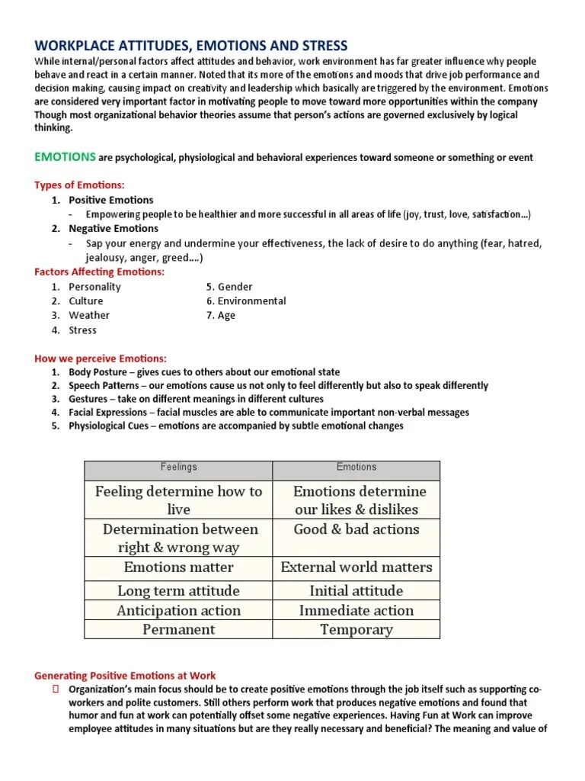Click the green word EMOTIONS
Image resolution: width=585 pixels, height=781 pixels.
pyautogui.click(x=65, y=157)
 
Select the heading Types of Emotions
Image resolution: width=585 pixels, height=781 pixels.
pyautogui.click(x=79, y=185)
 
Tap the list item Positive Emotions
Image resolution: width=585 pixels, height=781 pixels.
pyautogui.click(x=110, y=200)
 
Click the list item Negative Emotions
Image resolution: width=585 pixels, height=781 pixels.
pyautogui.click(x=113, y=228)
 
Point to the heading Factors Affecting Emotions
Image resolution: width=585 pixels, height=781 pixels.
pyautogui.click(x=99, y=272)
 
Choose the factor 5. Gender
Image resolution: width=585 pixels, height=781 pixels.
pyautogui.click(x=229, y=287)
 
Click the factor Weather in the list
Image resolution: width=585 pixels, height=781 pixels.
pyautogui.click(x=89, y=315)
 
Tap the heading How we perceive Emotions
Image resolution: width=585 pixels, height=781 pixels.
pyautogui.click(x=101, y=358)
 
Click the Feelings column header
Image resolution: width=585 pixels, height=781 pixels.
pyautogui.click(x=178, y=467)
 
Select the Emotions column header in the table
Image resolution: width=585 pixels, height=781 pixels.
pyautogui.click(x=356, y=467)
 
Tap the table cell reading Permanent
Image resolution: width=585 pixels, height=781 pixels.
pyautogui.click(x=178, y=629)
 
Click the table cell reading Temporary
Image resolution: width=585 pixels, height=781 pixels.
pyautogui.click(x=356, y=629)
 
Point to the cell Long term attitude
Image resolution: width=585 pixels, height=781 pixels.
pyautogui.click(x=178, y=590)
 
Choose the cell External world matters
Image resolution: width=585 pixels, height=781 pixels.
pyautogui.click(x=356, y=567)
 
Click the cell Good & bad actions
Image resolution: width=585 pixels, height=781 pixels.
pyautogui.click(x=356, y=529)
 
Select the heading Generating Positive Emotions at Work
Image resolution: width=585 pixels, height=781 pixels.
pyautogui.click(x=125, y=675)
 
